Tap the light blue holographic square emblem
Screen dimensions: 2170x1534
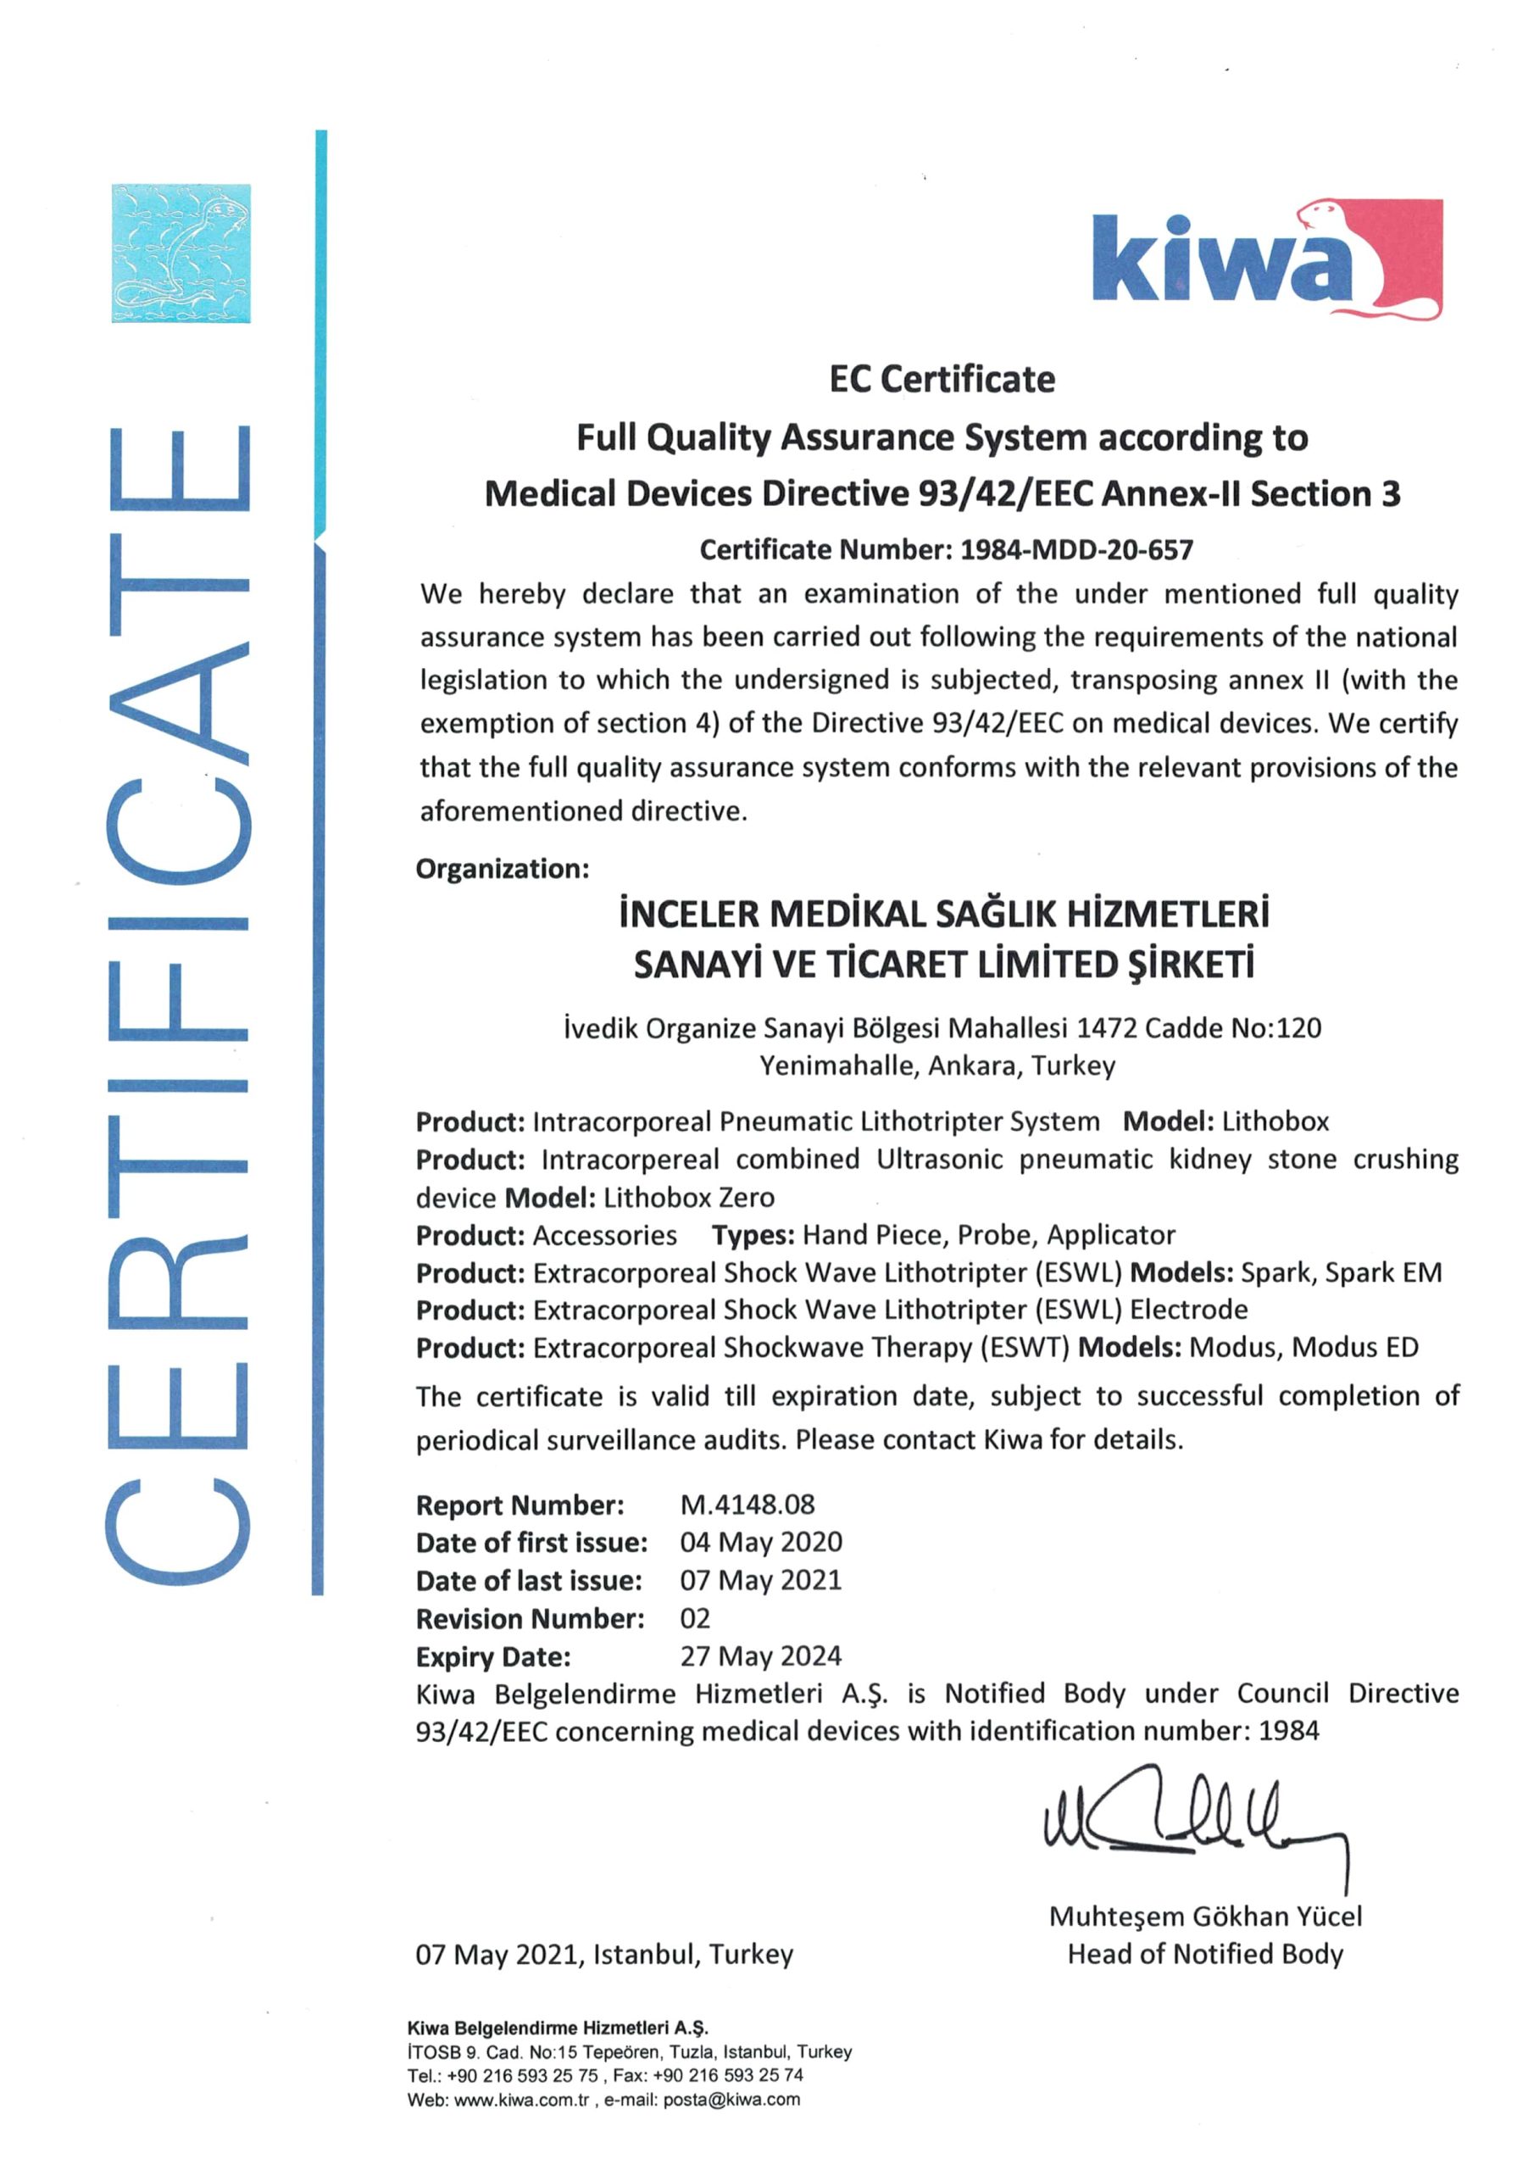tap(181, 253)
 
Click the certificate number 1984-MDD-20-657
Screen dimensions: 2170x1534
tap(1076, 550)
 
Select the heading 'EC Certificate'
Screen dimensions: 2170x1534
tap(942, 380)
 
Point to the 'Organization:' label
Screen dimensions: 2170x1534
tap(502, 869)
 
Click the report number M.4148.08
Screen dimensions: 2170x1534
tap(747, 1505)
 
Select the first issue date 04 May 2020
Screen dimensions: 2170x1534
tap(761, 1543)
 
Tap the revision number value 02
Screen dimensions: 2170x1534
tap(695, 1618)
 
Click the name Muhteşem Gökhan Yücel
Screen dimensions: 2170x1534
tap(1205, 1916)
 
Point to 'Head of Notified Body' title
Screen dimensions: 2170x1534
tap(1205, 1954)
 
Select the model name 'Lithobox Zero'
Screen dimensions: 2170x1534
tap(689, 1198)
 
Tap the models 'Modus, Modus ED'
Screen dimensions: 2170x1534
tap(1303, 1348)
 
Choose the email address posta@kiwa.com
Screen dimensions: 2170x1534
tap(731, 2099)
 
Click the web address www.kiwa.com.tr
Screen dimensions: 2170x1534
tap(522, 2099)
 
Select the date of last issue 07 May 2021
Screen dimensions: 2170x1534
tap(761, 1580)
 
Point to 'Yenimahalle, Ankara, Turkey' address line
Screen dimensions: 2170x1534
tap(937, 1066)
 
